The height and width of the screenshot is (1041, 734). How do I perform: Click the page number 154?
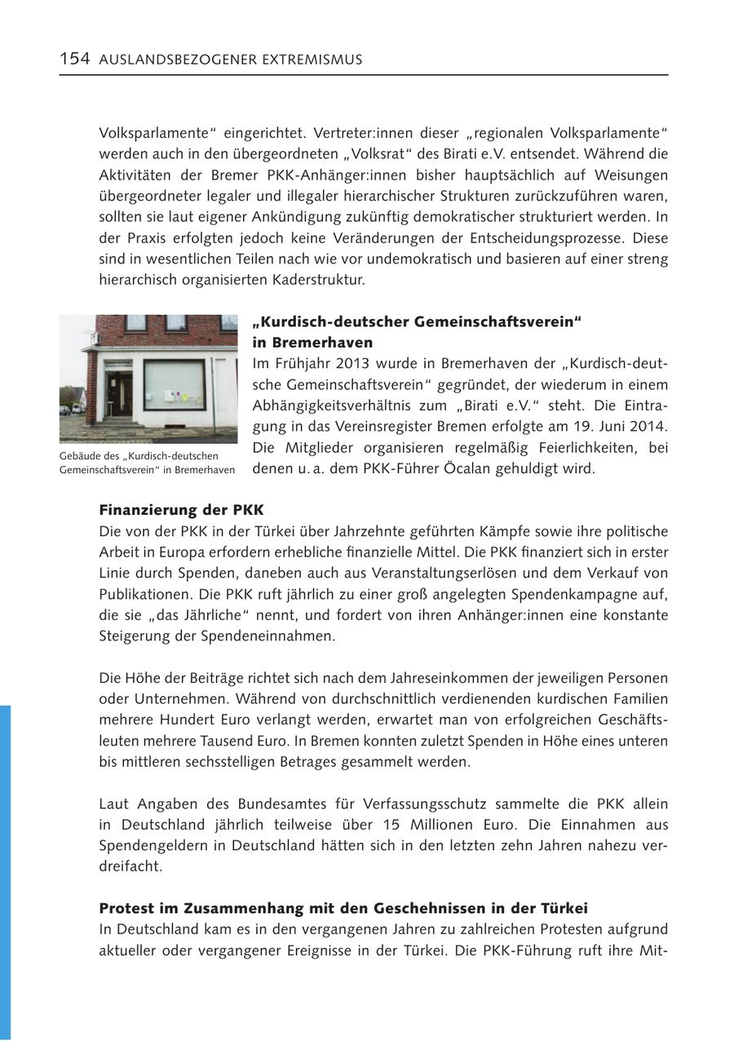[x=74, y=59]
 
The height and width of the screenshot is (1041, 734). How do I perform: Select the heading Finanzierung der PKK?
[x=181, y=510]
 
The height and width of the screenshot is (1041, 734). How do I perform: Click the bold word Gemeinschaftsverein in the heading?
[x=492, y=321]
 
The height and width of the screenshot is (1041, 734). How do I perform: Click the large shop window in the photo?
[x=174, y=384]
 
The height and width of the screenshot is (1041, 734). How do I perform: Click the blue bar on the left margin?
[x=5, y=873]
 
